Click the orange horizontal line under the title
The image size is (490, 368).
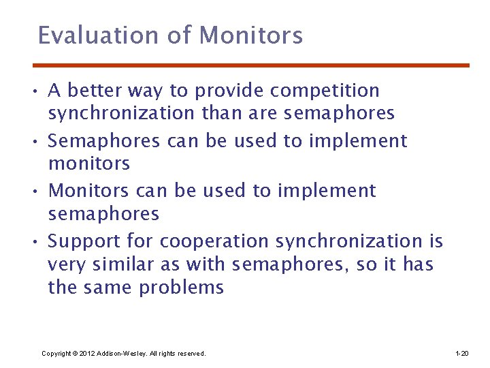pyautogui.click(x=251, y=65)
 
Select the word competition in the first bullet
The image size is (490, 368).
pyautogui.click(x=325, y=91)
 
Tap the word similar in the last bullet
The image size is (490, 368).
pyautogui.click(x=122, y=264)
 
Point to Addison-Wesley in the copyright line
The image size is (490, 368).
pyautogui.click(x=124, y=354)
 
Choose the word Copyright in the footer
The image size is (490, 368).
pyautogui.click(x=56, y=354)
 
